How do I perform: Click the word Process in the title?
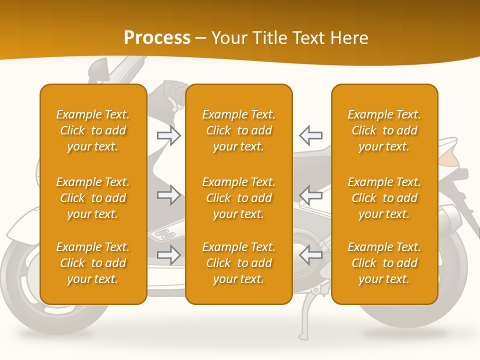[157, 38]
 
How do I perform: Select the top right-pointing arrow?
[169, 135]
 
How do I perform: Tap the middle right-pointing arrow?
[169, 195]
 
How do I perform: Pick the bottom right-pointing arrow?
[169, 254]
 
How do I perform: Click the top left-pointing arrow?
[310, 135]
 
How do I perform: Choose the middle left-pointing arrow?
[310, 195]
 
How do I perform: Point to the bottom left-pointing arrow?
[310, 254]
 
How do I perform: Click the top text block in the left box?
[93, 130]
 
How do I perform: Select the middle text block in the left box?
[93, 198]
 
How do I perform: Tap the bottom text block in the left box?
[93, 263]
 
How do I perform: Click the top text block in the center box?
[238, 130]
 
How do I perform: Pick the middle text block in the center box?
[238, 198]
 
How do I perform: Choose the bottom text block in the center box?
[238, 263]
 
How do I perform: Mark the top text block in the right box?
[384, 130]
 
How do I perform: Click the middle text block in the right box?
[384, 198]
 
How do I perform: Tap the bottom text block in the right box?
[384, 263]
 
